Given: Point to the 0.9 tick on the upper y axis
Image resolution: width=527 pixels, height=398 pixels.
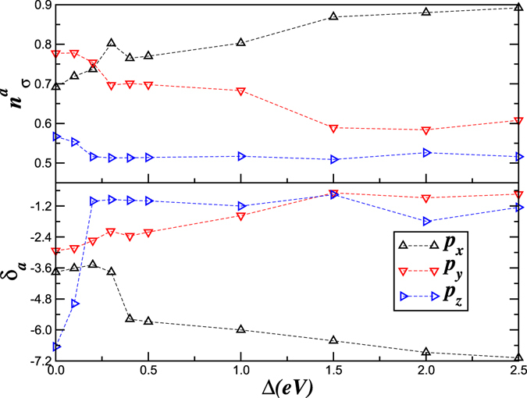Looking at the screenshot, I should [x=41, y=5].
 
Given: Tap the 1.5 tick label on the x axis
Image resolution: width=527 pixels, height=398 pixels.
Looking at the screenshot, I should [x=333, y=373].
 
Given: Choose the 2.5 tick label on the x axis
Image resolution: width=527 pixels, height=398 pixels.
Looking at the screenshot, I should [x=517, y=373].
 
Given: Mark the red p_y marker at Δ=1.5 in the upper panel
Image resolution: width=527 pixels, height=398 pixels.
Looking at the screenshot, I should [x=333, y=128].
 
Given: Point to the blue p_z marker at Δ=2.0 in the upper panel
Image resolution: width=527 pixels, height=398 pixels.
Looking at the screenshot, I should [x=426, y=153].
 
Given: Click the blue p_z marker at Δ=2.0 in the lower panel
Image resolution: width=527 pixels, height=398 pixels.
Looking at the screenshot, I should [x=426, y=222].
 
